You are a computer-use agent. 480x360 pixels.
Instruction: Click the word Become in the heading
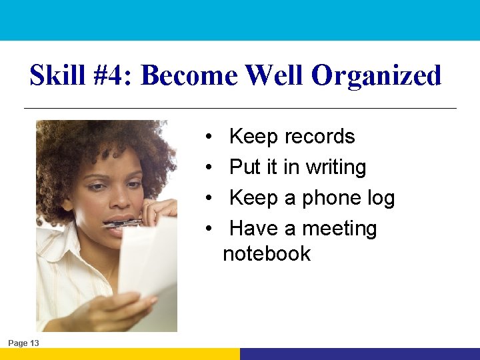pyautogui.click(x=189, y=76)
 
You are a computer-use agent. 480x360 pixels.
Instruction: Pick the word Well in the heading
pyautogui.click(x=274, y=76)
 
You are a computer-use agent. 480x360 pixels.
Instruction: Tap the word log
pyautogui.click(x=381, y=199)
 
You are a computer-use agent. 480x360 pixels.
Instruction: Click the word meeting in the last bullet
pyautogui.click(x=339, y=229)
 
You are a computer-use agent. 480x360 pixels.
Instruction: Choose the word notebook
pyautogui.click(x=267, y=254)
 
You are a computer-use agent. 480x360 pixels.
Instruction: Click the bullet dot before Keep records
pyautogui.click(x=209, y=137)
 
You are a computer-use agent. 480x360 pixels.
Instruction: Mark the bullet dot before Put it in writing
pyautogui.click(x=209, y=168)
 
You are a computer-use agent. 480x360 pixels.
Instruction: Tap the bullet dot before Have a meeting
pyautogui.click(x=209, y=229)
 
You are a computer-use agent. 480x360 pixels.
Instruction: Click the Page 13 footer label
pyautogui.click(x=23, y=343)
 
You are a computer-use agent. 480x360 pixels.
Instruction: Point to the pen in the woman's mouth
pyautogui.click(x=123, y=224)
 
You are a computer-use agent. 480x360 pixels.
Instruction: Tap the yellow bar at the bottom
pyautogui.click(x=120, y=354)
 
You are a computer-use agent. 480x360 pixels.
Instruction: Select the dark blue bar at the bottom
pyautogui.click(x=360, y=354)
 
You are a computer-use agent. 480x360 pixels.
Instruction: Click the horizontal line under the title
pyautogui.click(x=240, y=108)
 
